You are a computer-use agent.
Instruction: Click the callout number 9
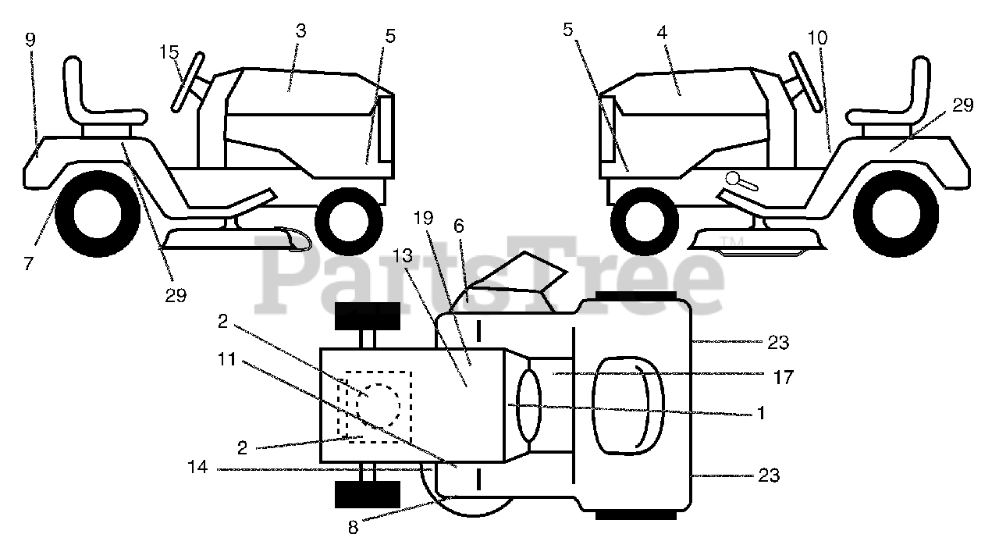point(30,40)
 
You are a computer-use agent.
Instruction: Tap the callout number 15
point(169,52)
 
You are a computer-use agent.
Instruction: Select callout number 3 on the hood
point(301,31)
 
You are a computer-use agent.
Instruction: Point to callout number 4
point(662,34)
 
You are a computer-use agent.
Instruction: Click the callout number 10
point(818,37)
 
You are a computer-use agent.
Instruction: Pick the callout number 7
point(28,264)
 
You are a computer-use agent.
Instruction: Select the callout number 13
point(402,255)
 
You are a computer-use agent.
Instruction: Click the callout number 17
point(784,378)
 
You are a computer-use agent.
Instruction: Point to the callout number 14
point(197,469)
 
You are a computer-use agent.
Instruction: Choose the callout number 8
point(353,528)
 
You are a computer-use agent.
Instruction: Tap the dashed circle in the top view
point(379,404)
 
